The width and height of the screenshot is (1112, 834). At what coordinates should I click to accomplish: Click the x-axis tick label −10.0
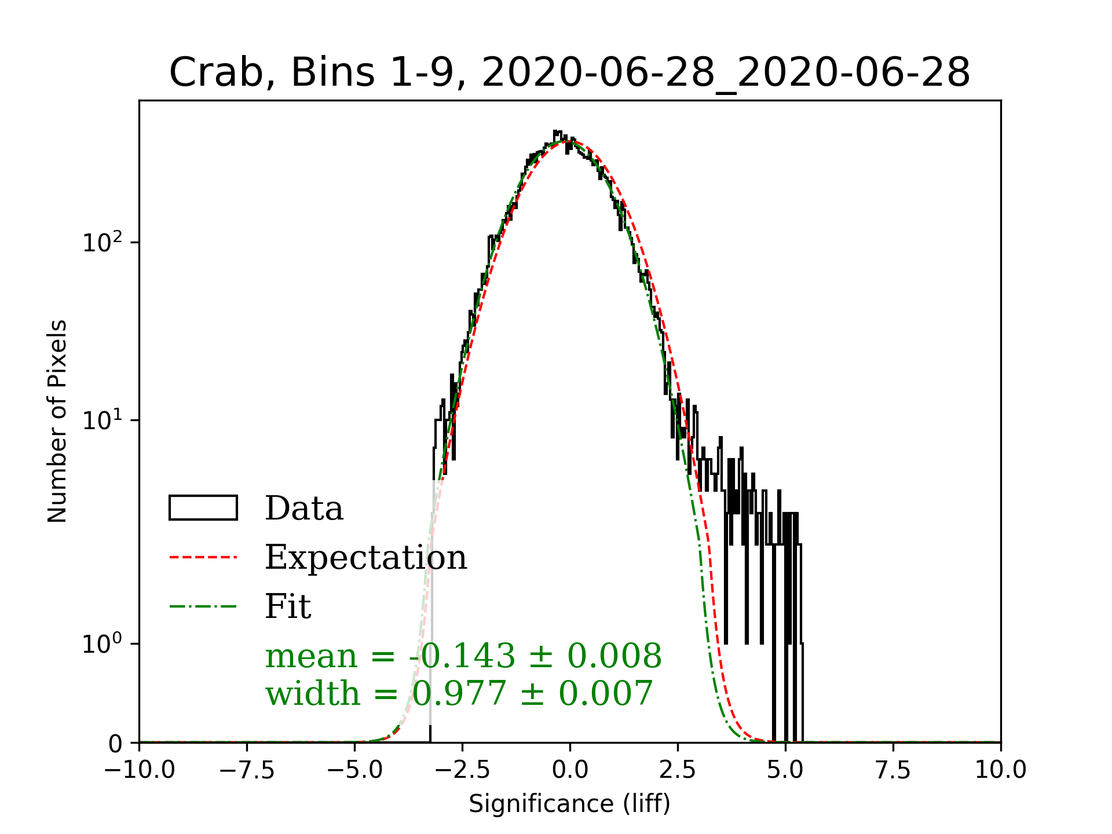(x=140, y=770)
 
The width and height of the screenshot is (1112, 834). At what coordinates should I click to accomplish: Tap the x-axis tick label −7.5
(x=247, y=770)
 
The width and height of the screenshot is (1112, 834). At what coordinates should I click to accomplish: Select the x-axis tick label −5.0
(x=355, y=770)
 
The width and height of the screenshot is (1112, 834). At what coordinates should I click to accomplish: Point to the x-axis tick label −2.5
(x=463, y=770)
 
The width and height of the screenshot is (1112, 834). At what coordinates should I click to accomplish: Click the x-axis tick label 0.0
(x=570, y=770)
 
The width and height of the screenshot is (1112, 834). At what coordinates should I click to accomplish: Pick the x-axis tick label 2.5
(x=678, y=770)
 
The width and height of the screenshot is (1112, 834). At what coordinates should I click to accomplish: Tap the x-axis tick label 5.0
(x=785, y=770)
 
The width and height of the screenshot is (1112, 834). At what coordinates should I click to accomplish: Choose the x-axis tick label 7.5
(x=893, y=770)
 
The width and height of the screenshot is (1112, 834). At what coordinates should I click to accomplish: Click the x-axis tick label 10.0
(x=1001, y=770)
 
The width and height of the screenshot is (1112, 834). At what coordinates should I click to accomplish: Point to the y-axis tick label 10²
(x=103, y=242)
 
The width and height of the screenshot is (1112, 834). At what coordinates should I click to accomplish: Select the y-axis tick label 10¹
(x=103, y=420)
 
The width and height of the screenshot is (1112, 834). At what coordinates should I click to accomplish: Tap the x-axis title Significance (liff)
(x=569, y=804)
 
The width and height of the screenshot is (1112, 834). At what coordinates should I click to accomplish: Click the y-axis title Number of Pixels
(x=57, y=421)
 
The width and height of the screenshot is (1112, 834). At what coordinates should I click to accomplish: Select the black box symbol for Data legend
(x=203, y=508)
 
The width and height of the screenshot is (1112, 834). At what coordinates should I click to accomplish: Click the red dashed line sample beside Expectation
(x=203, y=557)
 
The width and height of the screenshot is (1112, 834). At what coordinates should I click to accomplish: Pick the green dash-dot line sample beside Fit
(x=203, y=606)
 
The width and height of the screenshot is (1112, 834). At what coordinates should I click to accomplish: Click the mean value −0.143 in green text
(x=462, y=656)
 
